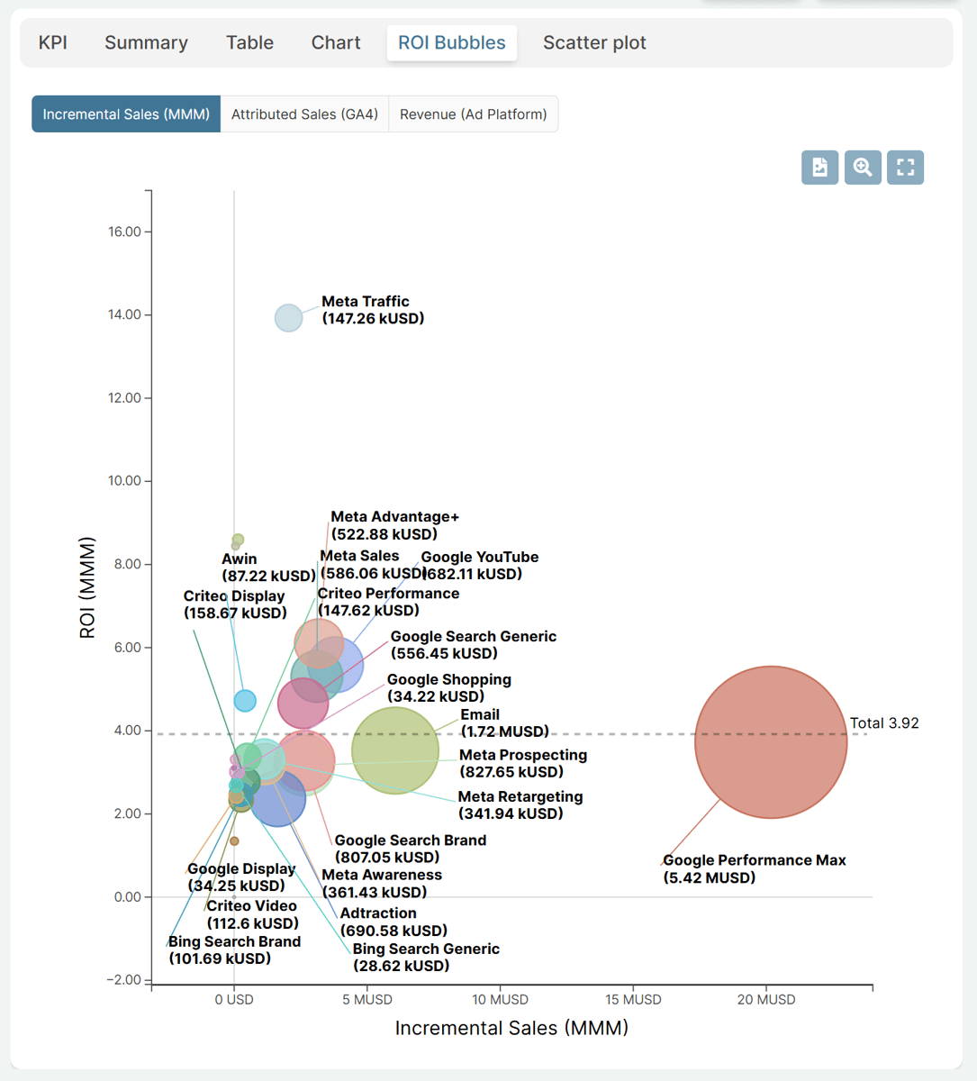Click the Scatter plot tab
(593, 42)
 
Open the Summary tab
(146, 42)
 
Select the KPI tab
(53, 42)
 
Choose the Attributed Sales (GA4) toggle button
(304, 114)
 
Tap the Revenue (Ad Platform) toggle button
(473, 114)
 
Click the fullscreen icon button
(905, 167)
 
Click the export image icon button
(819, 167)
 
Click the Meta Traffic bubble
(288, 317)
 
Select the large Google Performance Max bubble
(771, 742)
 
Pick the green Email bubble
(395, 750)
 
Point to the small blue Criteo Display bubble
(245, 701)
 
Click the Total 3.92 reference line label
(883, 722)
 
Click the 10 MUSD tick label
(500, 999)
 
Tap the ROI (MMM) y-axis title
(87, 587)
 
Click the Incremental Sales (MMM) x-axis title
(511, 1028)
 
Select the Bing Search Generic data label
(426, 957)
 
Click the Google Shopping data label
(449, 687)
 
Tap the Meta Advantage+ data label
(394, 525)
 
